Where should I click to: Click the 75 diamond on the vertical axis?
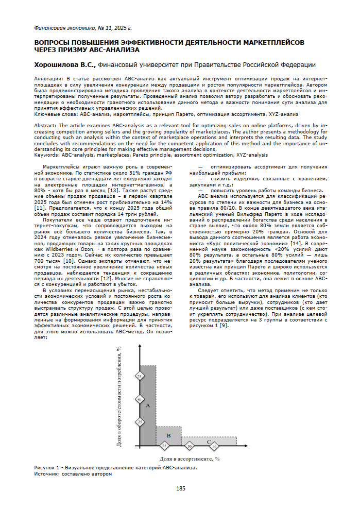coord(140,377)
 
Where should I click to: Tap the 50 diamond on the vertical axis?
coord(140,399)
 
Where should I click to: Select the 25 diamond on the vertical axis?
coord(140,421)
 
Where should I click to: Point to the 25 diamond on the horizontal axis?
coord(164,445)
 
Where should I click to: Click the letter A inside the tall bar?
coord(147,406)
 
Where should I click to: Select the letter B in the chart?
coord(168,436)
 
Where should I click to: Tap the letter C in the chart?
coord(209,442)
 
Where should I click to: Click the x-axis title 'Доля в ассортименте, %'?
coord(189,457)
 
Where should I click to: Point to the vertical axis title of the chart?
coord(119,402)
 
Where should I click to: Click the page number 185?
coord(180,488)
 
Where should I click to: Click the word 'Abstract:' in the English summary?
coord(46,125)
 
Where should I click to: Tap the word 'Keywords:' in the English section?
coord(47,155)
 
